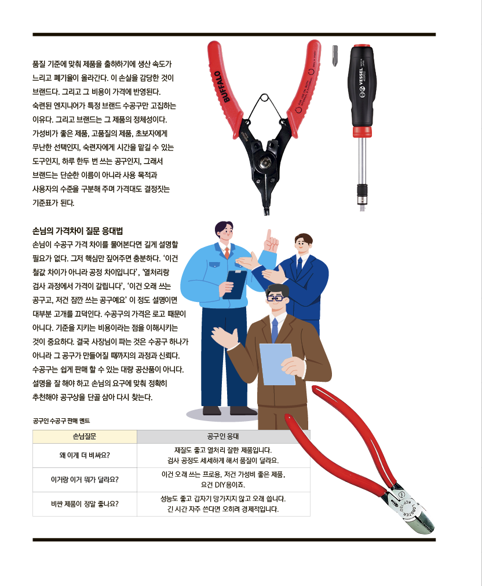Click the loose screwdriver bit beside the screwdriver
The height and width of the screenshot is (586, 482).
coord(335,56)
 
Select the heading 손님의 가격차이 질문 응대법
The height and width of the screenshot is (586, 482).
coord(78,231)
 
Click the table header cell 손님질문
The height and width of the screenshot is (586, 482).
coord(85,437)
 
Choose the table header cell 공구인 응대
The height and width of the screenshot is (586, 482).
coord(224,437)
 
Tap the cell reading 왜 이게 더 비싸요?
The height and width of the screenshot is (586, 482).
coord(85,455)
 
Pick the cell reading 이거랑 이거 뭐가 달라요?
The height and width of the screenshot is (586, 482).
coord(85,480)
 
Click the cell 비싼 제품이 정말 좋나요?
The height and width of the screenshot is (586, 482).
coord(85,504)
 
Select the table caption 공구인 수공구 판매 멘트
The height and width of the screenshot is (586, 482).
coord(61,421)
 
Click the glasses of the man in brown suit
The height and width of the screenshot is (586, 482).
coord(276,298)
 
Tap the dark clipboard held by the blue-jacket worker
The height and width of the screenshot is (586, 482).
coord(235,284)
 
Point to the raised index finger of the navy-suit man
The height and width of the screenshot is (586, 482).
coord(269,235)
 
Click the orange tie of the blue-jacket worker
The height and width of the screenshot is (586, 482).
coord(227,253)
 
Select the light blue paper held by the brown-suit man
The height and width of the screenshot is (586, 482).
coord(277,364)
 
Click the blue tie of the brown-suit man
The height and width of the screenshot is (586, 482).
coord(275,330)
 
